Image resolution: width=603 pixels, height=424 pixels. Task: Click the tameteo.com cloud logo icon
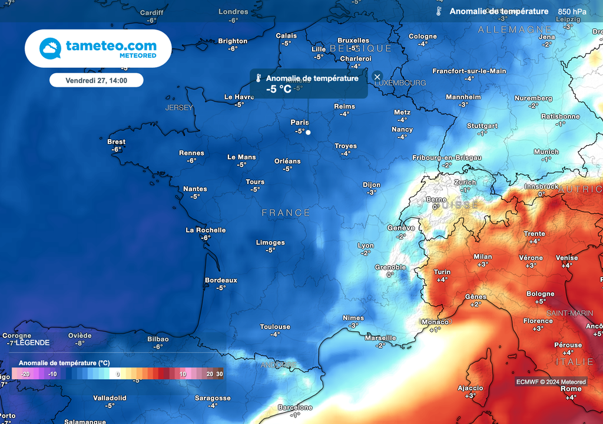point(51,48)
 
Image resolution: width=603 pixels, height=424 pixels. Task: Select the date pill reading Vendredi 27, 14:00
point(96,80)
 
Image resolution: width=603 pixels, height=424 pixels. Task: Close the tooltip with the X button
point(377,77)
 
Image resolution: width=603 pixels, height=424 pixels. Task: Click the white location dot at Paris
point(308,133)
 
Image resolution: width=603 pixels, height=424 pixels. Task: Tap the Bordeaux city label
point(221,280)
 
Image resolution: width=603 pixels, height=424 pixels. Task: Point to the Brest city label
point(116,142)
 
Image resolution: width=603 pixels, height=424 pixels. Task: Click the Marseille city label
point(380,338)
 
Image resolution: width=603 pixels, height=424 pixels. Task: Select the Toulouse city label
point(275,327)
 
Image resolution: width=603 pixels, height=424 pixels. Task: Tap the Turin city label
point(442,272)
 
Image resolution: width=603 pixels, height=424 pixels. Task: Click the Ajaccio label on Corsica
point(471,388)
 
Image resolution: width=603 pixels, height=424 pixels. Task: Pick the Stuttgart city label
point(482,126)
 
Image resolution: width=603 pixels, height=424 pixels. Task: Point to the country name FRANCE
point(286,212)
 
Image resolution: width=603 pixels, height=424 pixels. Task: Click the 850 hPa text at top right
point(572,11)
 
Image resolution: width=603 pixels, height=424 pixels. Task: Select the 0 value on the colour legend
point(118,374)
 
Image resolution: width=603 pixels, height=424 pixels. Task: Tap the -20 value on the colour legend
point(25,374)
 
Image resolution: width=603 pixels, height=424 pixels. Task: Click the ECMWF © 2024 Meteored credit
point(551,382)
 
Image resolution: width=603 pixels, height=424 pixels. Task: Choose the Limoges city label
point(270,242)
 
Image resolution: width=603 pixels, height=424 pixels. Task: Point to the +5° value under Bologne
point(540,301)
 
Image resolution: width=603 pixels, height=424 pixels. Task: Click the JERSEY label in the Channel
point(179,108)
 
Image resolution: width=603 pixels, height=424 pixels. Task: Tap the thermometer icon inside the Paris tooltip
point(259,78)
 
